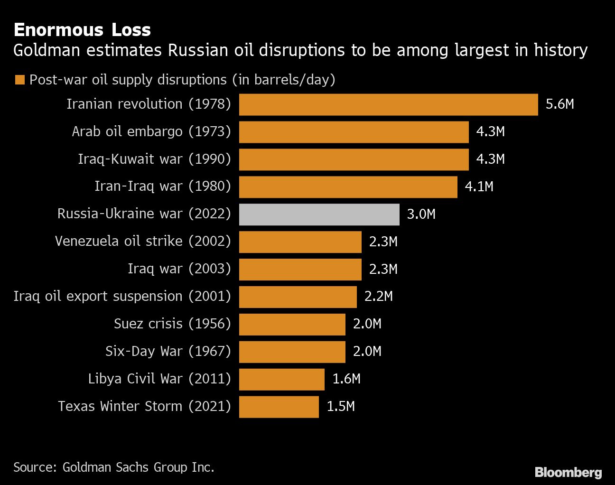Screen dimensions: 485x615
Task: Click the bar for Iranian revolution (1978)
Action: pyautogui.click(x=388, y=104)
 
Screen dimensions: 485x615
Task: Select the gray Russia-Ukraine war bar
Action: pyautogui.click(x=319, y=214)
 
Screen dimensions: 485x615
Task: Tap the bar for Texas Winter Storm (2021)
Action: pyautogui.click(x=279, y=407)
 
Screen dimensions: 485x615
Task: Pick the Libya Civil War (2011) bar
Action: pyautogui.click(x=281, y=379)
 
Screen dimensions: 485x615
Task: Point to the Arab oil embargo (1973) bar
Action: pyautogui.click(x=354, y=132)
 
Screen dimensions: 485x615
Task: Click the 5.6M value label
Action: pyautogui.click(x=559, y=104)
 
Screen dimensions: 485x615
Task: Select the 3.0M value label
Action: pyautogui.click(x=421, y=214)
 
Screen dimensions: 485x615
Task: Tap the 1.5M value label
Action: pyautogui.click(x=341, y=407)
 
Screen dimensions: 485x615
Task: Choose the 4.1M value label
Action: pyautogui.click(x=479, y=187)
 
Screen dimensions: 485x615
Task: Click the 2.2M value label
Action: pyautogui.click(x=378, y=297)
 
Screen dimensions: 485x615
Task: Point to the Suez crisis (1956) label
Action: pyautogui.click(x=172, y=324)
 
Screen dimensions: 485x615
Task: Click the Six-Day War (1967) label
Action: pyautogui.click(x=168, y=351)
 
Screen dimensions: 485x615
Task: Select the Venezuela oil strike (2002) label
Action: pyautogui.click(x=143, y=241)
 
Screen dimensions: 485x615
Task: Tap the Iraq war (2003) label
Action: pyautogui.click(x=179, y=269)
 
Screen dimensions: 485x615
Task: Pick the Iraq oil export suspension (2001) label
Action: pyautogui.click(x=122, y=296)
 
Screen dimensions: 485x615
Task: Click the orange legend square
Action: pyautogui.click(x=19, y=80)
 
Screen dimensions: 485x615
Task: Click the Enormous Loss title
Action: pyautogui.click(x=82, y=30)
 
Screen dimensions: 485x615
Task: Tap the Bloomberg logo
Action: pyautogui.click(x=568, y=472)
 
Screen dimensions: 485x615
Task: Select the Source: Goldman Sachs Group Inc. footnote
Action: pyautogui.click(x=114, y=467)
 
